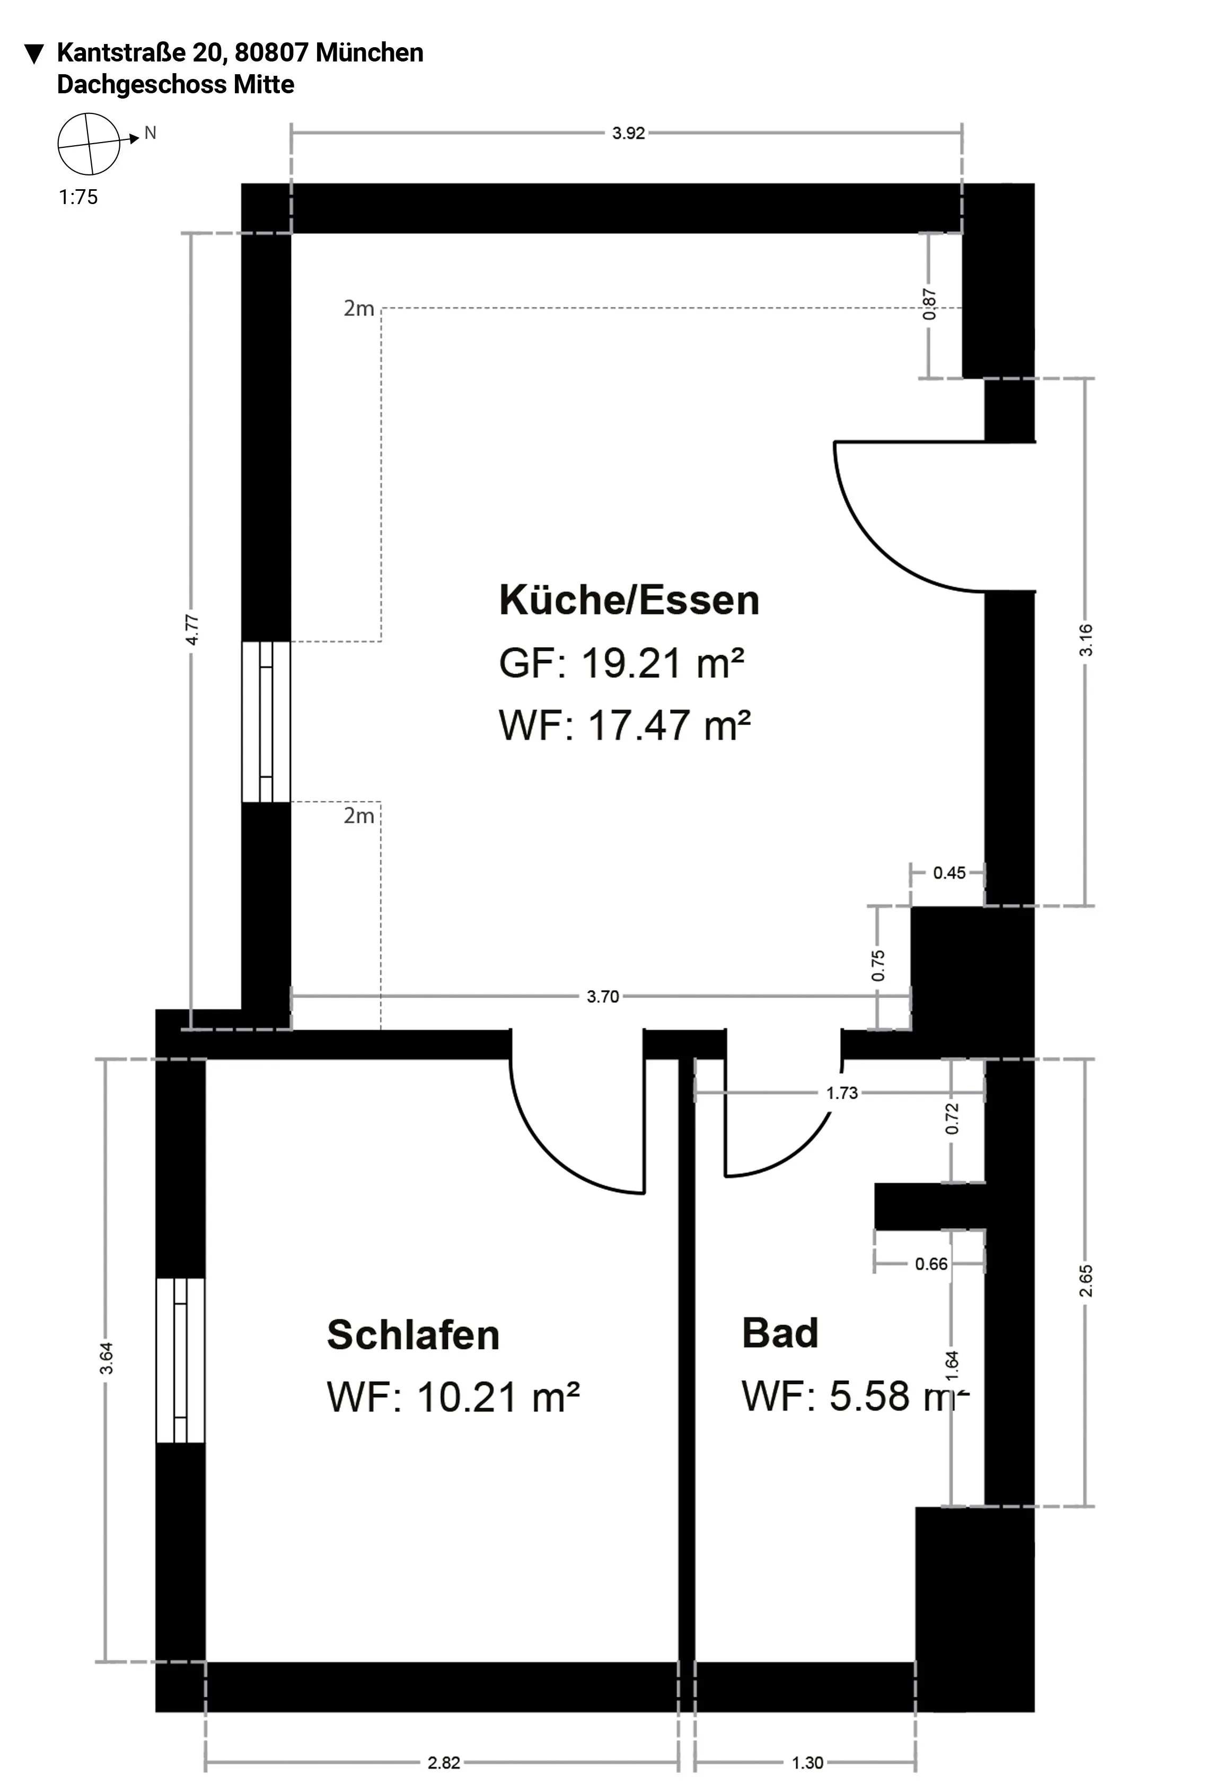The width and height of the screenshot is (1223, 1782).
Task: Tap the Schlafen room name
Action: (x=413, y=1335)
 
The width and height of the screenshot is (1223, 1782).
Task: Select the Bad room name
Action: (x=780, y=1334)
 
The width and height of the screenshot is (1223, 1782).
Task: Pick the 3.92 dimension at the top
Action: (x=628, y=134)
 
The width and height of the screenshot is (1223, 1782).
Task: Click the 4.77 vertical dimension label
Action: (x=192, y=630)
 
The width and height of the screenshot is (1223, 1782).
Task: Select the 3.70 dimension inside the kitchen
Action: (x=603, y=997)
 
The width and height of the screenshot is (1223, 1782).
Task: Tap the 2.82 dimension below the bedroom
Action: (x=443, y=1763)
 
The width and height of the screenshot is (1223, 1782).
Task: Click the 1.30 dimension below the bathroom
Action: (x=807, y=1763)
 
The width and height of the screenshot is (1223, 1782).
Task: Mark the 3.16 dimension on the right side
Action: (x=1086, y=640)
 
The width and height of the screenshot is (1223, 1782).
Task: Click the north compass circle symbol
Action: (x=89, y=144)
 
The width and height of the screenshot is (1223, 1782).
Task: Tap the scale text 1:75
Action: (x=78, y=197)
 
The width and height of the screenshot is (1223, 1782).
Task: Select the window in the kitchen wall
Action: (x=266, y=721)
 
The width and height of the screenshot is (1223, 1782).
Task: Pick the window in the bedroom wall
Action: (x=180, y=1360)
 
